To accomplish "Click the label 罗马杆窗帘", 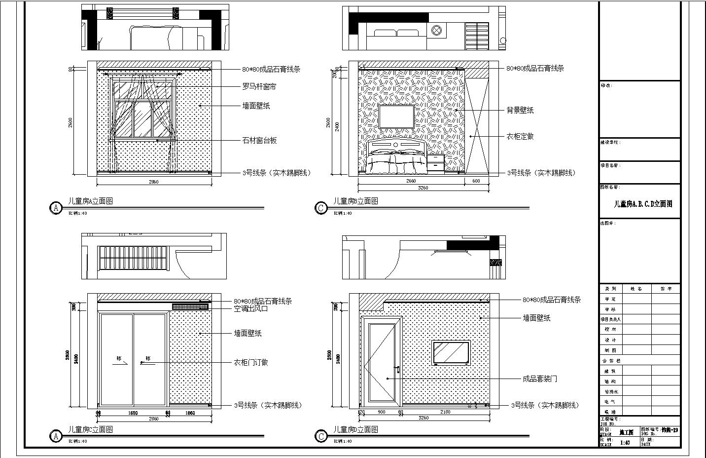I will point(259,86).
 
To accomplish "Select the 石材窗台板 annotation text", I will point(259,141).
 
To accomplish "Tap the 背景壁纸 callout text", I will point(520,111).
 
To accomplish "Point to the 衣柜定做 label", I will point(520,136).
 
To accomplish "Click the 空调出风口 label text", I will point(250,309).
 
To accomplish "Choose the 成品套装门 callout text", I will point(540,379).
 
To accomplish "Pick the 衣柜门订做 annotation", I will point(250,362).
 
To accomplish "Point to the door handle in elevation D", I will point(396,369).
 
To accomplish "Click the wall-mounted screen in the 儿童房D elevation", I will point(451,352).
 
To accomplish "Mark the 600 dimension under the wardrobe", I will point(476,181).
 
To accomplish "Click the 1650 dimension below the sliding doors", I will point(133,413).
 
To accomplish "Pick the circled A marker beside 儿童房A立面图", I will point(56,208).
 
